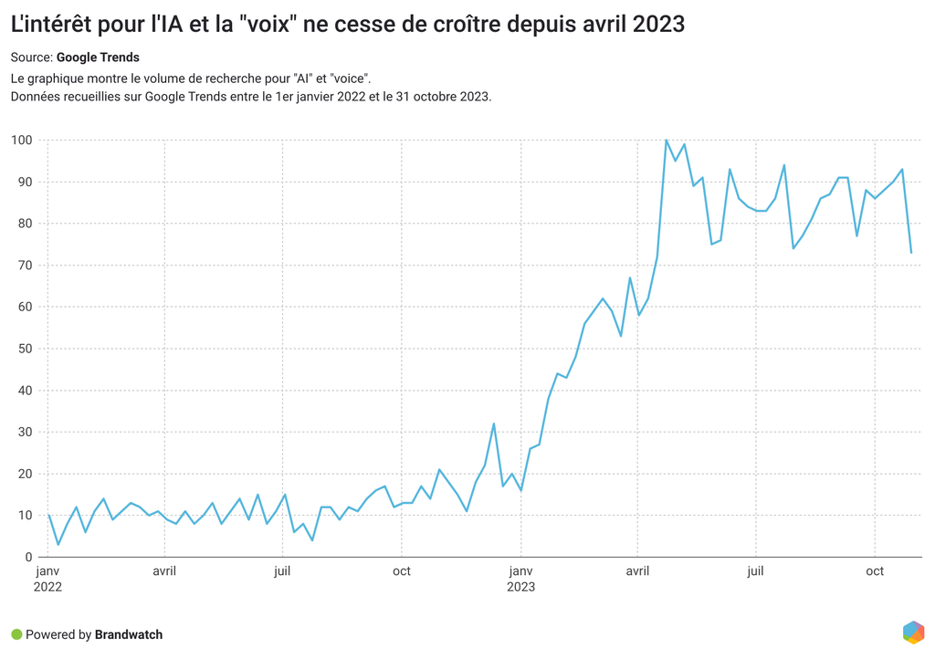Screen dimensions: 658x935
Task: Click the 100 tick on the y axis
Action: (x=22, y=141)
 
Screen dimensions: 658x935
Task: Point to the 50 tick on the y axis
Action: (x=25, y=349)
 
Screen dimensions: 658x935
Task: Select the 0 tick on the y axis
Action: (x=28, y=558)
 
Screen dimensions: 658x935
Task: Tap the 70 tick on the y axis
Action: (x=25, y=266)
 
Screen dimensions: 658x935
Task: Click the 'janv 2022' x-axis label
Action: (x=48, y=579)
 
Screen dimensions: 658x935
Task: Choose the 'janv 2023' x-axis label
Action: (x=520, y=579)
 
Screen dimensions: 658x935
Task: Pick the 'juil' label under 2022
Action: (x=282, y=571)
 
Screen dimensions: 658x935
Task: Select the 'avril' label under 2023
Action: (x=637, y=571)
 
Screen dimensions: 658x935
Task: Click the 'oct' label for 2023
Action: (x=875, y=571)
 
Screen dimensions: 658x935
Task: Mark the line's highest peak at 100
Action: (x=667, y=141)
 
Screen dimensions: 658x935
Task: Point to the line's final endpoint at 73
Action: (x=911, y=253)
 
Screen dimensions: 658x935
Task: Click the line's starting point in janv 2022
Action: (x=48, y=516)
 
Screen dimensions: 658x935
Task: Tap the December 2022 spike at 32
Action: (x=494, y=423)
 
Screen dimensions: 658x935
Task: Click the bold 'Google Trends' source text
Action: (x=104, y=57)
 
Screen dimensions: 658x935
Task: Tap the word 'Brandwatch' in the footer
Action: (x=129, y=634)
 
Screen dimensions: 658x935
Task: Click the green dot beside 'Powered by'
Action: (x=16, y=634)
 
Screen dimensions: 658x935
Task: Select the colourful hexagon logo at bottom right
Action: (x=913, y=632)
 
